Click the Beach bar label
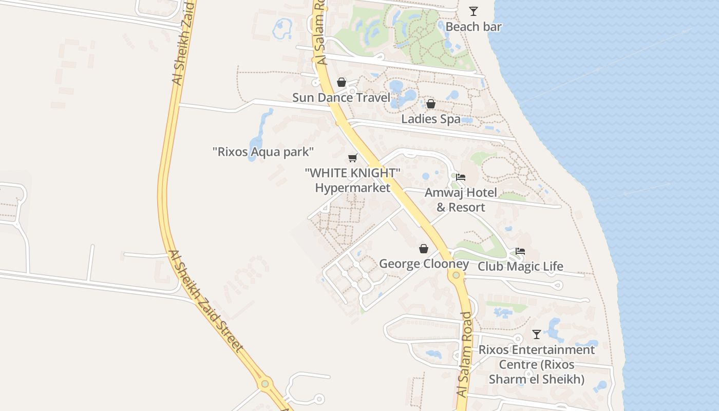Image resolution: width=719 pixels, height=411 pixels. click(473, 27)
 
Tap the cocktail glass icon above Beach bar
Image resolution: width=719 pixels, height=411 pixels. click(473, 11)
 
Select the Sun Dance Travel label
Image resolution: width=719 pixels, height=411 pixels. click(341, 97)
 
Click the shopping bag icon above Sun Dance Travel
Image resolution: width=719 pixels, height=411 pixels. click(341, 82)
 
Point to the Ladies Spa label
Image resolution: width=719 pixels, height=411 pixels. click(430, 119)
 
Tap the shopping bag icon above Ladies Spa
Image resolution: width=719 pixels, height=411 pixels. click(430, 104)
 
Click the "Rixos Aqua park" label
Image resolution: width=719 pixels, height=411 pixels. click(263, 152)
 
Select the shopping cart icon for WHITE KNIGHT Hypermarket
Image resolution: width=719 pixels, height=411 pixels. click(352, 158)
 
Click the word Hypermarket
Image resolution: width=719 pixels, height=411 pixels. click(352, 188)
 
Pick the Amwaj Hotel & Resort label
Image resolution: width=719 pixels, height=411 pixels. click(461, 200)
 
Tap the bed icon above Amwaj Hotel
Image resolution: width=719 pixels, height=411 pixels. click(461, 177)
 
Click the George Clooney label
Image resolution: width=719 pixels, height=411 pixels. click(424, 264)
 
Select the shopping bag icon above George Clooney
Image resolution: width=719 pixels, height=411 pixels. click(424, 249)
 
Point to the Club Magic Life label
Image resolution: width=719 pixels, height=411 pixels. click(520, 267)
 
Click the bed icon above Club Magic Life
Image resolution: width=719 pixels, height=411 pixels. click(520, 252)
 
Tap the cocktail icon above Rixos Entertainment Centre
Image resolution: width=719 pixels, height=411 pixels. click(537, 334)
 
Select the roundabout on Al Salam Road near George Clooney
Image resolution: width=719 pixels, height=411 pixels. click(456, 275)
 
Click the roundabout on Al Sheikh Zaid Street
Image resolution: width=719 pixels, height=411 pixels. click(264, 384)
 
